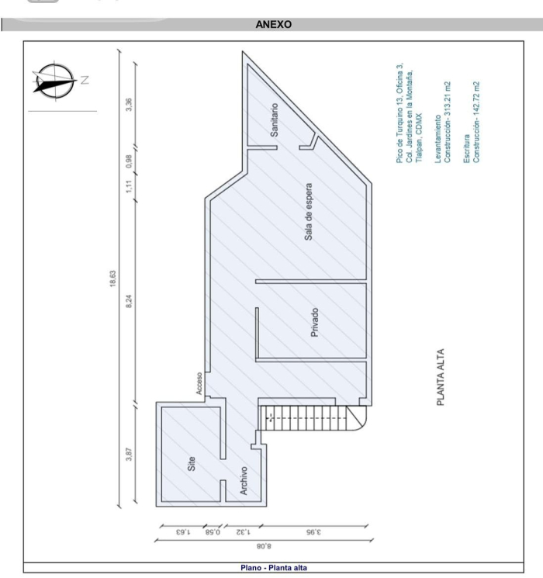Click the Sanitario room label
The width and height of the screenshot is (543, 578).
tap(275, 120)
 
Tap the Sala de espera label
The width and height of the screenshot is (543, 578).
tap(308, 212)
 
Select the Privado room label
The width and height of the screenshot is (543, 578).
tap(314, 323)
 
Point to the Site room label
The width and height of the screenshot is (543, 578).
tap(192, 464)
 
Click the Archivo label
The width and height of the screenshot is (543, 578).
tap(244, 480)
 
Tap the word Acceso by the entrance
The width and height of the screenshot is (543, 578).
tap(199, 384)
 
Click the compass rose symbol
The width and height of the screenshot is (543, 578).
tap(55, 81)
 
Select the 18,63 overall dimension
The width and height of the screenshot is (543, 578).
tap(112, 279)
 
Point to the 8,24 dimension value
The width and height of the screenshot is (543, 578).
tap(129, 302)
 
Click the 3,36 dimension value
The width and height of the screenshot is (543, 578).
tap(129, 104)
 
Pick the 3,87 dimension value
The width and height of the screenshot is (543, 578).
tap(129, 454)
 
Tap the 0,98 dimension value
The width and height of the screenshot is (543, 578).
tap(129, 161)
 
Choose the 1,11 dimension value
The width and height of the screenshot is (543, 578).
tap(129, 186)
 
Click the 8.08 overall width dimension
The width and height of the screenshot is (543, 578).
tap(264, 546)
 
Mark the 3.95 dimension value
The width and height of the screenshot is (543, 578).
tap(313, 532)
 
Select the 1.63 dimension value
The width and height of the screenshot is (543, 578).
tap(183, 532)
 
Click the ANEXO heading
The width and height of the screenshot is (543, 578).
tap(274, 24)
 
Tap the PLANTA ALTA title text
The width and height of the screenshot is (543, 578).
tap(441, 377)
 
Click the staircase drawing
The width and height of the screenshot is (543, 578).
tap(313, 418)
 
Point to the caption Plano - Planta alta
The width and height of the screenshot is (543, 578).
tap(274, 568)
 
